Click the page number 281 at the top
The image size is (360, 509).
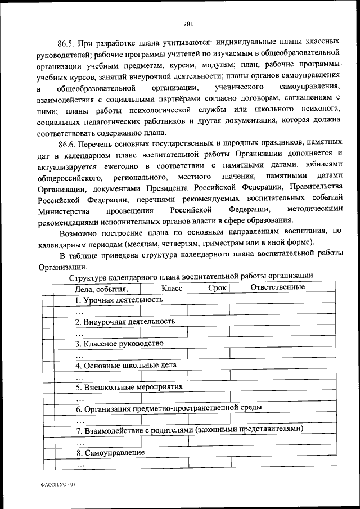tap(188, 24)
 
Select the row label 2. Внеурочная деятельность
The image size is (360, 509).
tap(125, 322)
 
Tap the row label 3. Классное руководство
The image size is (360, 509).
tap(119, 343)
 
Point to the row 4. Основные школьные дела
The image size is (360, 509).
tap(126, 364)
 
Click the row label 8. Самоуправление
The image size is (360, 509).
tap(110, 452)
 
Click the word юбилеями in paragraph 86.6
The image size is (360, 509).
tap(323, 164)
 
